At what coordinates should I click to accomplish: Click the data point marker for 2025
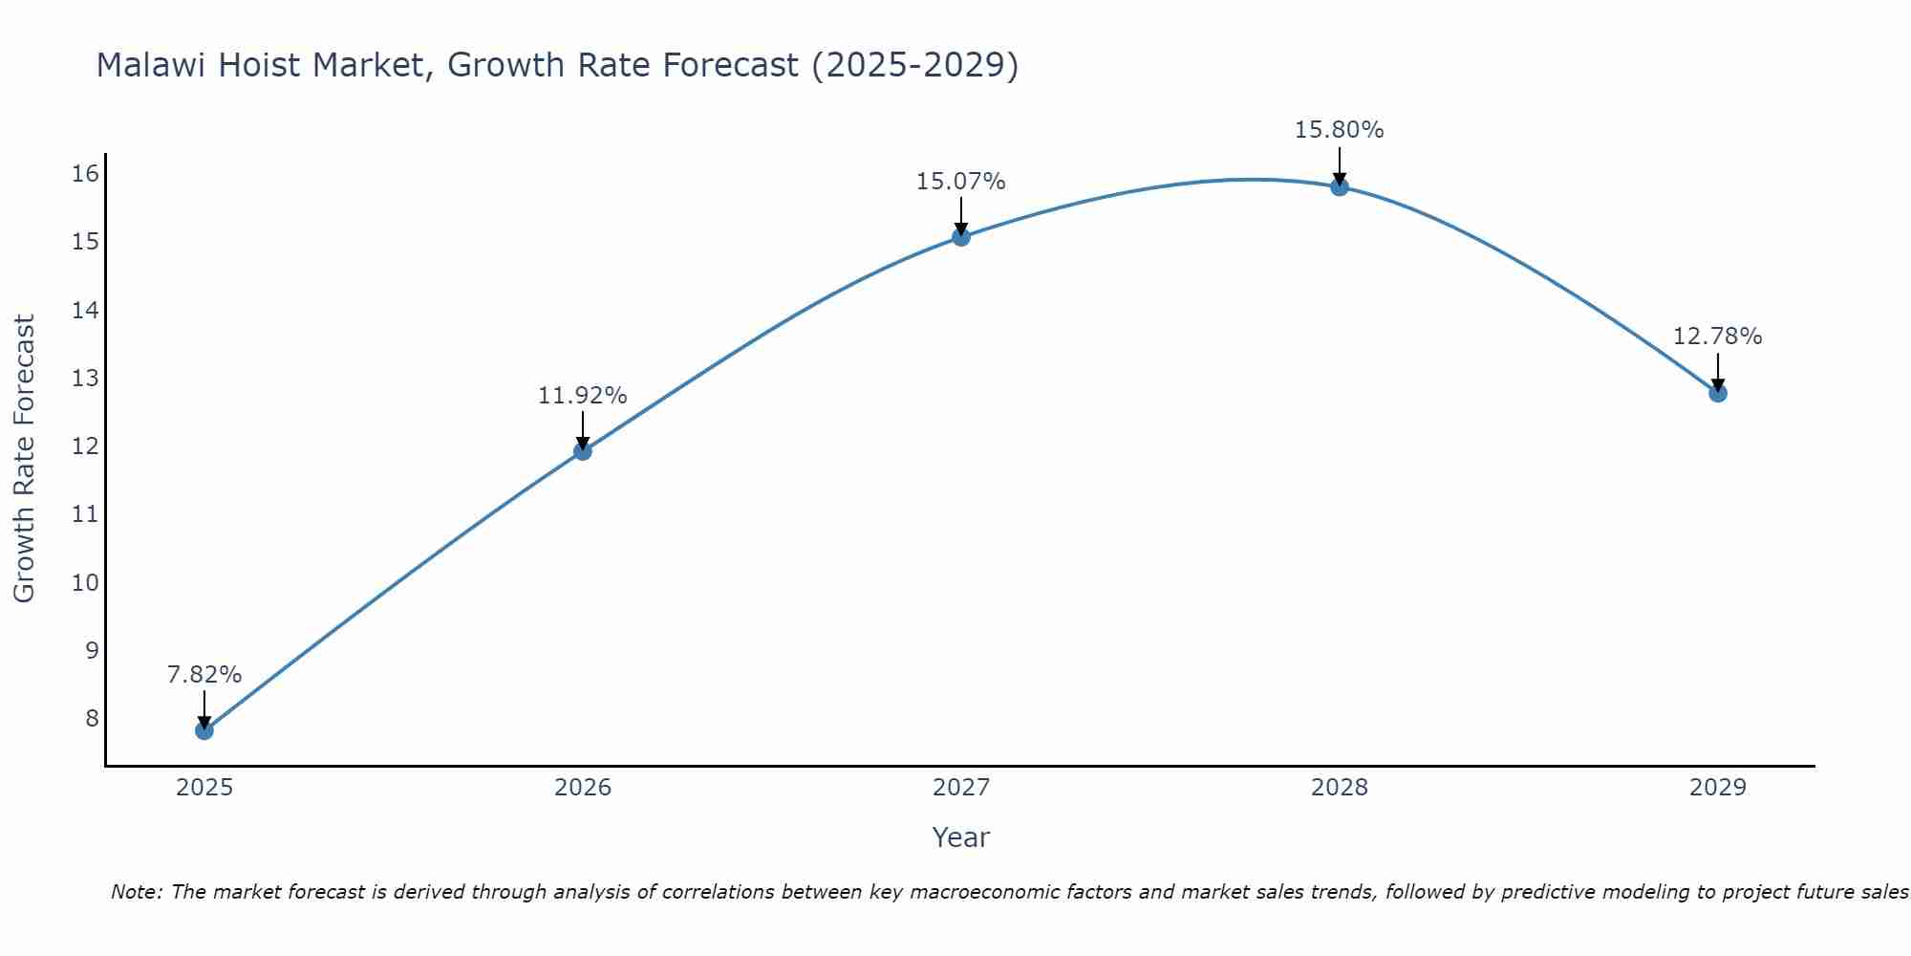[204, 730]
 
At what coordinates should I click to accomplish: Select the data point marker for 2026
[583, 451]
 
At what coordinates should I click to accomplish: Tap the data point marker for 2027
[961, 237]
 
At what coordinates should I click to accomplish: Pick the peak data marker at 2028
[1340, 186]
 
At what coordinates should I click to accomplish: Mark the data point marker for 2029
[1718, 393]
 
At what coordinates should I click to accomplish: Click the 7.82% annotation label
[204, 675]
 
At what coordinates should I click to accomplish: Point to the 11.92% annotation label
[583, 396]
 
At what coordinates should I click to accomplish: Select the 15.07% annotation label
[961, 182]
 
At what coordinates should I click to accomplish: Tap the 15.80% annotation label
[1340, 130]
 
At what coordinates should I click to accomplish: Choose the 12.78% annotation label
[1718, 337]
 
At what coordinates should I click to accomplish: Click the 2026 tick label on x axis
[583, 788]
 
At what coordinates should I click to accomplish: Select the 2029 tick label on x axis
[1718, 788]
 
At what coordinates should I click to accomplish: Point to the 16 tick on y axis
[86, 173]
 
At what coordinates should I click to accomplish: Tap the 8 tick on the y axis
[92, 718]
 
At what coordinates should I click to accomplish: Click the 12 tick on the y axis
[86, 446]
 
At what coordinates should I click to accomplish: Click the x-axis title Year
[961, 837]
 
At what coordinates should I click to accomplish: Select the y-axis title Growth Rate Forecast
[25, 459]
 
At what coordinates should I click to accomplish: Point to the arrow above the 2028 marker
[1340, 164]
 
